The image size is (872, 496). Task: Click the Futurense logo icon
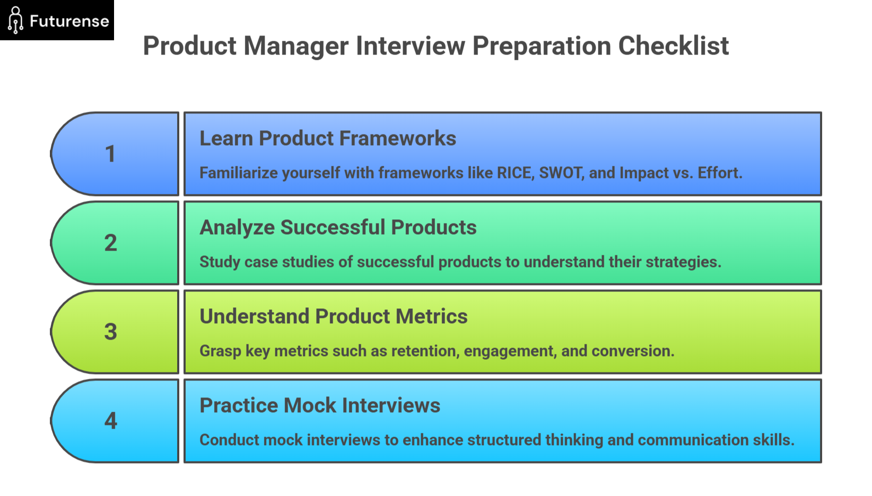click(15, 20)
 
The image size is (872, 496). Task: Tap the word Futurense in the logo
click(69, 21)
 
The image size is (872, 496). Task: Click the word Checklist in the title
click(673, 46)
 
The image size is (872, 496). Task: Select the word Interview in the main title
click(411, 46)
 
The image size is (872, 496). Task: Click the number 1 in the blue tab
click(110, 154)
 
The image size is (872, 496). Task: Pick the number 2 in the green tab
click(110, 243)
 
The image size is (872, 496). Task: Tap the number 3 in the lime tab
click(110, 332)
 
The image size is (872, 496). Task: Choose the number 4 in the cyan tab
click(110, 421)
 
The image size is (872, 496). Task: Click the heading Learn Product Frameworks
click(327, 138)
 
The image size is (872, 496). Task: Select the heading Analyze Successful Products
click(338, 227)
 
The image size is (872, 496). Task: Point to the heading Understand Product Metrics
click(333, 316)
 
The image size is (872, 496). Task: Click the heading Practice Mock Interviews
click(319, 405)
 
